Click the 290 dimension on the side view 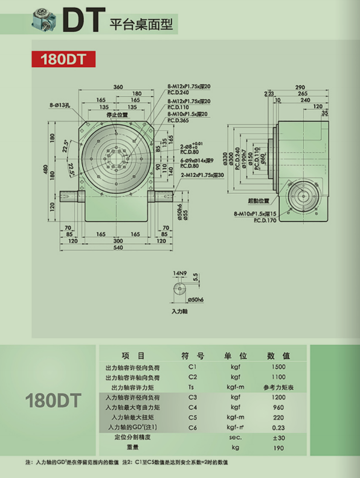click(300, 88)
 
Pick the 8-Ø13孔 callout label click(61, 105)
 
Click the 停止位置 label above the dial click(117, 115)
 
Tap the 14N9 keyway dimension click(179, 274)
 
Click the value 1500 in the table click(278, 367)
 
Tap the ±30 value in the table click(278, 437)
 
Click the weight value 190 click(278, 447)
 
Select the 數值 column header click(278, 355)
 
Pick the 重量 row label click(133, 447)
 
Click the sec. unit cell click(235, 437)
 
